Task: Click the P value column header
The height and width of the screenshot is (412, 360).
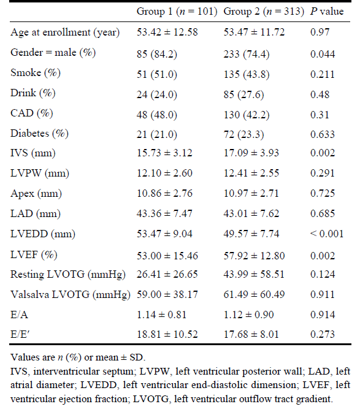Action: pyautogui.click(x=327, y=11)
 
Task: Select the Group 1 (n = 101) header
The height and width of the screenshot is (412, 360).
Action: pyautogui.click(x=177, y=12)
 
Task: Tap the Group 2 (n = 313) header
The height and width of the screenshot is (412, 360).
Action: pyautogui.click(x=264, y=12)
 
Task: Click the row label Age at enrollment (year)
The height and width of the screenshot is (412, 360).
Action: pyautogui.click(x=65, y=32)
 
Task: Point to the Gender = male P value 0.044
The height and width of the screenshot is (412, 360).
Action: pyautogui.click(x=323, y=54)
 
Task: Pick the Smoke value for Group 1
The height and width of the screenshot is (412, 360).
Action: pyautogui.click(x=156, y=74)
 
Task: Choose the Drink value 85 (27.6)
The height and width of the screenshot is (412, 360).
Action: pyautogui.click(x=243, y=94)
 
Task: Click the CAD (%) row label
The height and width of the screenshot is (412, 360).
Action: pyautogui.click(x=31, y=113)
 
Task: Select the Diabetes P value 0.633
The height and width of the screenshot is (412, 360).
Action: pyautogui.click(x=323, y=134)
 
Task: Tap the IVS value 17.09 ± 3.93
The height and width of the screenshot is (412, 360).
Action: pyautogui.click(x=251, y=153)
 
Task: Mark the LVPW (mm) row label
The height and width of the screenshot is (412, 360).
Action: pyautogui.click(x=40, y=174)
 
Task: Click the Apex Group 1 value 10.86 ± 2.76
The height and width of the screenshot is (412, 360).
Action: pyautogui.click(x=164, y=193)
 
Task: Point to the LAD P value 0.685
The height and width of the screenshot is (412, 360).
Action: pyautogui.click(x=323, y=213)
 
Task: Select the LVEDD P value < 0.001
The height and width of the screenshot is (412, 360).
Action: pyautogui.click(x=327, y=234)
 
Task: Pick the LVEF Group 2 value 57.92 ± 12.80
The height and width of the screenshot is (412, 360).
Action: pyautogui.click(x=254, y=256)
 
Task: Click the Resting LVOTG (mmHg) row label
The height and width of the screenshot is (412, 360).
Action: pyautogui.click(x=68, y=275)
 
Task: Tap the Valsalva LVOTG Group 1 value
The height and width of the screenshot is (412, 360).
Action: pyautogui.click(x=167, y=294)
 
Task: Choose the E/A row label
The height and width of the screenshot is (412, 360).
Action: pyautogui.click(x=19, y=315)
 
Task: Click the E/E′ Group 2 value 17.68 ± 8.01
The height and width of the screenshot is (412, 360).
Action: pyautogui.click(x=251, y=335)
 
